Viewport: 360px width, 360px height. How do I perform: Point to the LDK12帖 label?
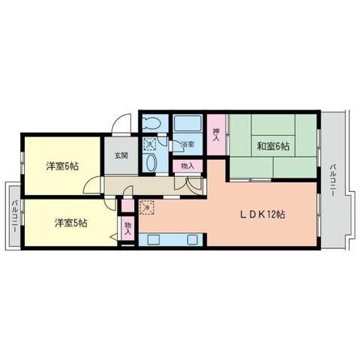(x=260, y=214)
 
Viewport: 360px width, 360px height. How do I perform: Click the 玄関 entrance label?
(x=121, y=157)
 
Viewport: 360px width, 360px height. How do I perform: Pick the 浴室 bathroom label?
(x=187, y=144)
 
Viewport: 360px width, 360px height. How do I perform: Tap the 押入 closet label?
(x=216, y=135)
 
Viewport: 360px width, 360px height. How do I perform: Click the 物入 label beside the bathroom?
(x=187, y=166)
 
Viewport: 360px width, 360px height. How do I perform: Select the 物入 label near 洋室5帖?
(x=127, y=227)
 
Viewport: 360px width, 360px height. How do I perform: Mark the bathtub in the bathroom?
(x=188, y=124)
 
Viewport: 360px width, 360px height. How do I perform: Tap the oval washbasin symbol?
(x=150, y=163)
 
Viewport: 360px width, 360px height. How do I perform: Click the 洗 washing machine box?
(x=150, y=143)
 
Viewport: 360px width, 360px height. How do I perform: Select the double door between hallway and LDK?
(x=187, y=182)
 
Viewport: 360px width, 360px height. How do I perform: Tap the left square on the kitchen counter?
(x=157, y=240)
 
